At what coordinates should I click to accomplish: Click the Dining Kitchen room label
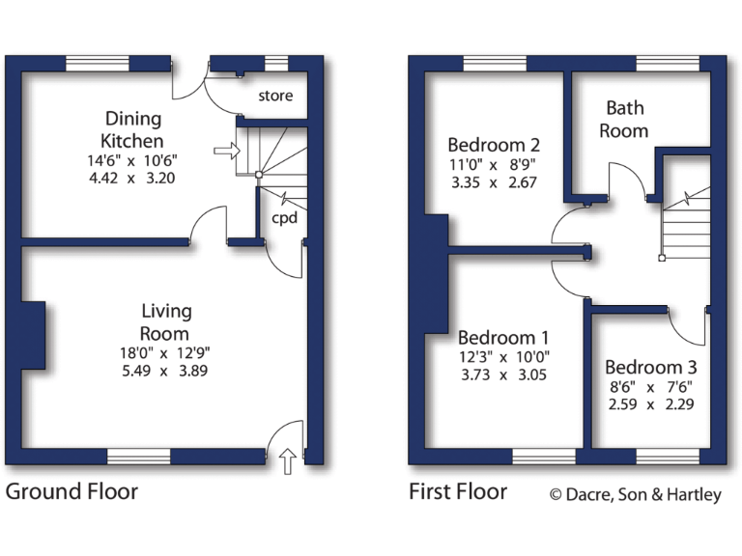(133, 130)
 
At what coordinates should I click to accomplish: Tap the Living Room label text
(166, 322)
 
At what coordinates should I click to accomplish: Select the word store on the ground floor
(275, 96)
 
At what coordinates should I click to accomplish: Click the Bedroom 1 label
(503, 338)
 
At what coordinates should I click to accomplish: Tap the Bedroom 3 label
(650, 367)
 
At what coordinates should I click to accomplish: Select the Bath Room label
(623, 119)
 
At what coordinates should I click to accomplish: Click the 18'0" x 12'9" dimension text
(166, 353)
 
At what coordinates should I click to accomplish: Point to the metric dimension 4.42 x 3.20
(133, 178)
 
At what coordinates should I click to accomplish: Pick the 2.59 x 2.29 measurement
(650, 405)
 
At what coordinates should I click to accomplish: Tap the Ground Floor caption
(71, 491)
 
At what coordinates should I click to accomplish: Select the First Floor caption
(457, 491)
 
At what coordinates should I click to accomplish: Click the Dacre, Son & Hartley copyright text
(636, 495)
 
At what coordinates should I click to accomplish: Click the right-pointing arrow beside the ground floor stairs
(224, 151)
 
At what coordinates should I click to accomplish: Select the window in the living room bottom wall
(139, 456)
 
